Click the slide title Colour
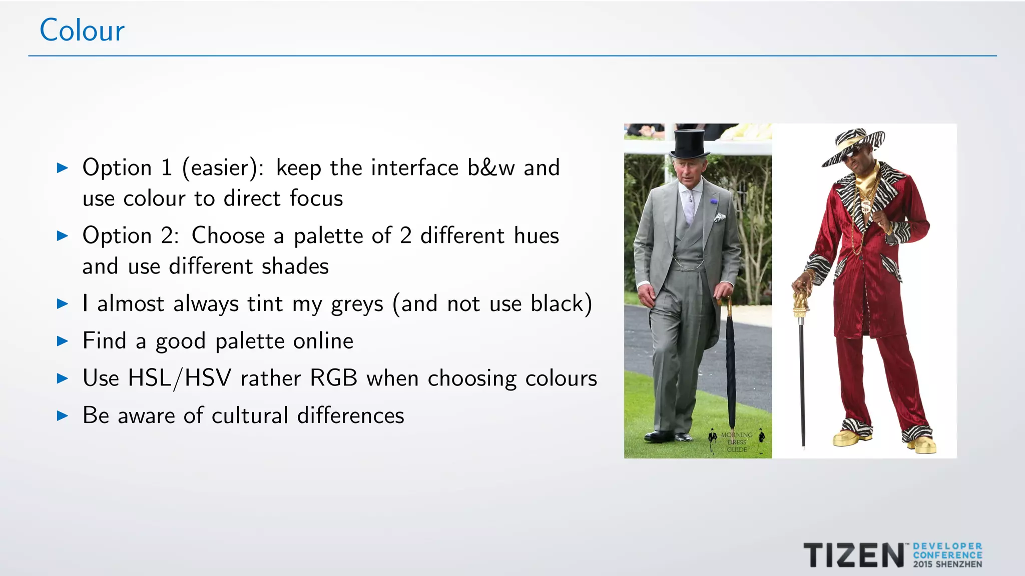click(x=82, y=30)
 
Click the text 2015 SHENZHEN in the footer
click(x=947, y=564)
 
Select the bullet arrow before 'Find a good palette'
click(x=63, y=341)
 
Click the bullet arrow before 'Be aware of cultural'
click(x=63, y=415)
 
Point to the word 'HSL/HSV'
click(x=179, y=378)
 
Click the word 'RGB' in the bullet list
click(x=333, y=378)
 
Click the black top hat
click(x=690, y=143)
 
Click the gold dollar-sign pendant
click(x=865, y=205)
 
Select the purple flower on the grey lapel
click(x=714, y=202)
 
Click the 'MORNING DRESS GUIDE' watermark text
click(x=736, y=442)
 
